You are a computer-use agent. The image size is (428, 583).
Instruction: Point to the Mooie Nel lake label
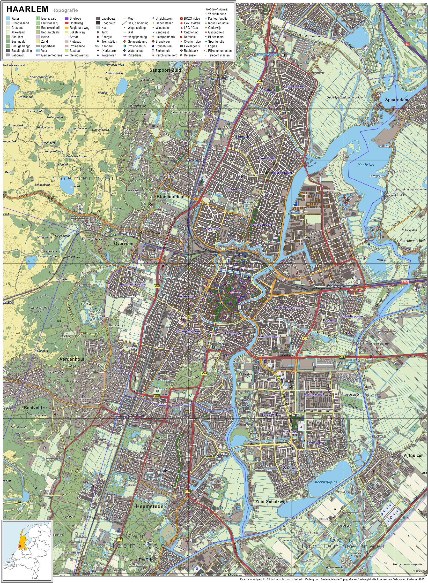366,165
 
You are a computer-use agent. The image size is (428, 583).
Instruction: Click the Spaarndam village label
396,100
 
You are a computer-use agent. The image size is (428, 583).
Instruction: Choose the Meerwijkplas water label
326,482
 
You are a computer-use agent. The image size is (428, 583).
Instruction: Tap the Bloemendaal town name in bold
170,197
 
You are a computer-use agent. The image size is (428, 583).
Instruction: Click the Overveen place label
124,244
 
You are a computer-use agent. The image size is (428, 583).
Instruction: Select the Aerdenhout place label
72,359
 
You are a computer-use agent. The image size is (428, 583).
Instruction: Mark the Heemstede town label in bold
150,506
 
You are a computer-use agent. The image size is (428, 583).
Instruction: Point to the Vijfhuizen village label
413,455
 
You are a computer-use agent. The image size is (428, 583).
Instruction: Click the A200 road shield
404,282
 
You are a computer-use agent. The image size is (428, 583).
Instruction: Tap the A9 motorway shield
407,44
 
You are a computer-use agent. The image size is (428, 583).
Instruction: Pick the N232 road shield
305,338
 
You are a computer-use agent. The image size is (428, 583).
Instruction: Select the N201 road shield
187,491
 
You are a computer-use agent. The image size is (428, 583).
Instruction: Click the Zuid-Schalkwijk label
271,502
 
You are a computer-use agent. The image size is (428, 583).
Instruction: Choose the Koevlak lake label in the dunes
75,186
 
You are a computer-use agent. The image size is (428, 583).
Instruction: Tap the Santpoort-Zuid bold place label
165,70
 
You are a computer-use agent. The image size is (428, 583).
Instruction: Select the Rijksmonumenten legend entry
220,51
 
